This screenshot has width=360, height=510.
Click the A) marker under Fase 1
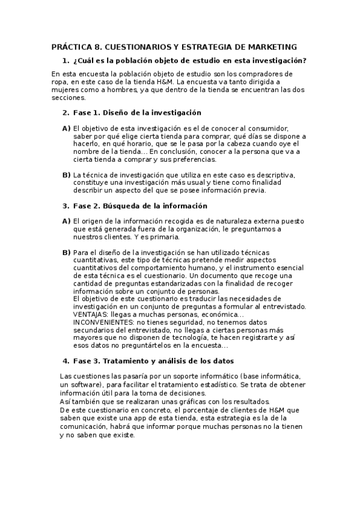66,128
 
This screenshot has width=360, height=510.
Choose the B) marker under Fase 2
66,252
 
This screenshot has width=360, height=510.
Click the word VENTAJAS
93,314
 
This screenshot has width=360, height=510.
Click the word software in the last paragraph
85,384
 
